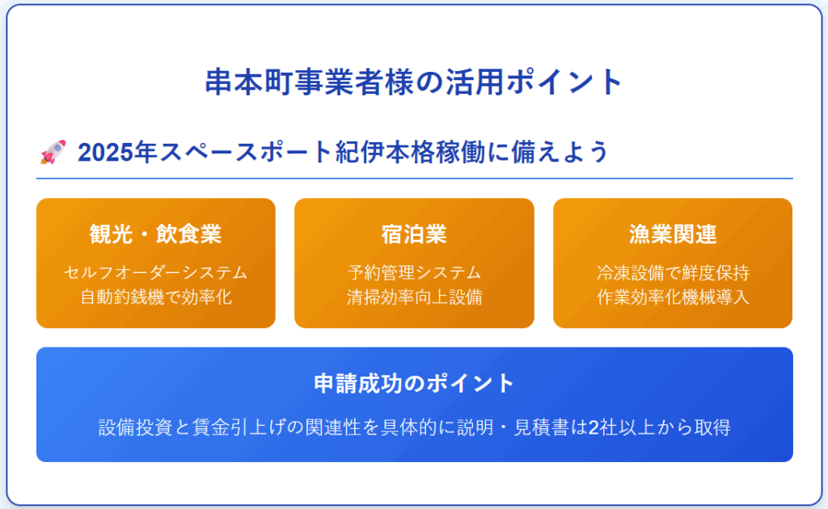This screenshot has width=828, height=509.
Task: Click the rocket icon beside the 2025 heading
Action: [x=53, y=152]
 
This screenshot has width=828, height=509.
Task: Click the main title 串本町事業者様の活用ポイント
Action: [x=414, y=82]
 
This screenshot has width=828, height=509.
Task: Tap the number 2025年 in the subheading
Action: [x=117, y=153]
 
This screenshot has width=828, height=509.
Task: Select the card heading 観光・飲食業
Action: [x=156, y=234]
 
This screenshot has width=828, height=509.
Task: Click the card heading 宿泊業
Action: [x=414, y=234]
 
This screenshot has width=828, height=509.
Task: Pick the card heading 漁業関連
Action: [x=673, y=234]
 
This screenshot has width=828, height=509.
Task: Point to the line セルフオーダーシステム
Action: [x=156, y=273]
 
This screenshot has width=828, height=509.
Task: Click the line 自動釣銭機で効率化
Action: [x=156, y=297]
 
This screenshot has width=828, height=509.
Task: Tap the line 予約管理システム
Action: [x=414, y=273]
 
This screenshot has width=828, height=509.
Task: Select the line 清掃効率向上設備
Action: [x=414, y=297]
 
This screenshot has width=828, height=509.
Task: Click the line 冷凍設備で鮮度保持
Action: [x=673, y=273]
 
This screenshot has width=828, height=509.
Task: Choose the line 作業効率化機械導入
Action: [x=673, y=297]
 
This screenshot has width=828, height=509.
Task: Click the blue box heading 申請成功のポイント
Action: [x=414, y=384]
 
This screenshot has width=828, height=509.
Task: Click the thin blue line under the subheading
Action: [x=415, y=179]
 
